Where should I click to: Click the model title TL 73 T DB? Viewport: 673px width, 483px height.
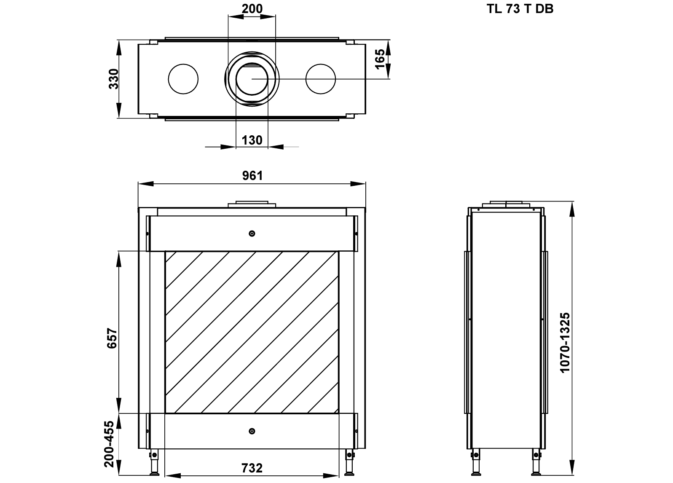tap(520, 9)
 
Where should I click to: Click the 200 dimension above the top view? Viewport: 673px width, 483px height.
tap(252, 8)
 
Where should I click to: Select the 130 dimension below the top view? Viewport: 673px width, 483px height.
tap(252, 140)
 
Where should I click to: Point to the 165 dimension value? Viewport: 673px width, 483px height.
tap(380, 59)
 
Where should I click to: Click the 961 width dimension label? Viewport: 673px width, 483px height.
tap(252, 176)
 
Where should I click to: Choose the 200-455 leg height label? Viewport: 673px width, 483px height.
tap(110, 443)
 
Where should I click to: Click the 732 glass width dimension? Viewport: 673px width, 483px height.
tap(252, 468)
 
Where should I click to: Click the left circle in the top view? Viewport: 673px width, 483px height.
tap(183, 79)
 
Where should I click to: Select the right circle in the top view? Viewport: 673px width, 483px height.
tap(321, 79)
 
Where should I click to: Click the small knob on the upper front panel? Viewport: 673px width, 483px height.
tap(252, 233)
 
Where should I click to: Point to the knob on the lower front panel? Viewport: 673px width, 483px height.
tap(252, 431)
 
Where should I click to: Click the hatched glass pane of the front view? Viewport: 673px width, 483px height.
tap(252, 332)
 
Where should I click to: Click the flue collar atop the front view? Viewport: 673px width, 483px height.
tap(252, 204)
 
